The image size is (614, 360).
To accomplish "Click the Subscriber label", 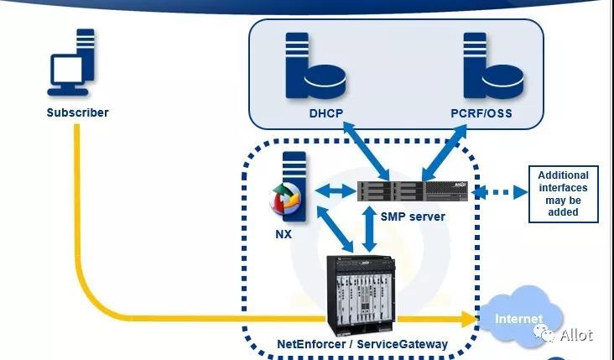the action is click(x=77, y=112).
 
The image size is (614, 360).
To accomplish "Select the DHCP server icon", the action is click(x=315, y=65).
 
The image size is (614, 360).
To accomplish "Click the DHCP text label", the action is click(x=325, y=113).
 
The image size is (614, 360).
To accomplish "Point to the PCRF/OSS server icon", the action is click(x=493, y=65).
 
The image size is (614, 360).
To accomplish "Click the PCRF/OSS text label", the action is click(x=481, y=113).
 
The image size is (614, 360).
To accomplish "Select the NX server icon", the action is click(x=289, y=187).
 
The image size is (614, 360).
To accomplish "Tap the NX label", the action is click(x=284, y=234).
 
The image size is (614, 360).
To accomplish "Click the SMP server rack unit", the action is click(x=413, y=191).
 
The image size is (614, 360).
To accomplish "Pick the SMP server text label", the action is click(x=413, y=217).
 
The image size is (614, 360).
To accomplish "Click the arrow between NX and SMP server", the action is click(x=336, y=191).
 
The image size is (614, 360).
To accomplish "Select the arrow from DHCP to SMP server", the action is click(x=366, y=151).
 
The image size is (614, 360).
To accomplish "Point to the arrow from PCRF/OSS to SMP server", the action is click(x=445, y=153).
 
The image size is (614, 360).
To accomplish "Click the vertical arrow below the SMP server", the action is click(x=369, y=229).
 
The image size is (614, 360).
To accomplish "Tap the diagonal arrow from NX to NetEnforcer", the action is click(x=335, y=229).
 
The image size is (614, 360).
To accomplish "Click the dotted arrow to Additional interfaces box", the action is click(x=500, y=192).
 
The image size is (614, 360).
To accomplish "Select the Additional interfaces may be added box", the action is click(x=564, y=194).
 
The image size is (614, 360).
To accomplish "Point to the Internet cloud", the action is click(x=521, y=316).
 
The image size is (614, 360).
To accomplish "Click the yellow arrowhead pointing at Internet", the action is click(x=469, y=319).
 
